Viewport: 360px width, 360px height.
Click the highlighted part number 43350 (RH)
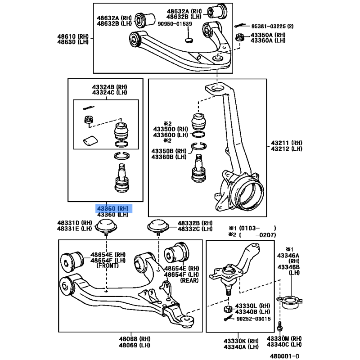[113, 208]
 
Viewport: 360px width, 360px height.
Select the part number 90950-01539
[175, 24]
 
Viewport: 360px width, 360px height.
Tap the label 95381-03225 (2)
[272, 26]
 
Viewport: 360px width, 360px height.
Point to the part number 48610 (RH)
[73, 36]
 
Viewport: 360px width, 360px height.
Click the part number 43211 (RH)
[287, 143]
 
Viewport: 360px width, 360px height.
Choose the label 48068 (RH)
[135, 339]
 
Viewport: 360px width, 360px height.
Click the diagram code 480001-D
[285, 356]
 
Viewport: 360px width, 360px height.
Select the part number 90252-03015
[253, 319]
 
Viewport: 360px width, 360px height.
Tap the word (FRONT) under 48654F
[108, 265]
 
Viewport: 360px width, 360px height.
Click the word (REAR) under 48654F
[189, 280]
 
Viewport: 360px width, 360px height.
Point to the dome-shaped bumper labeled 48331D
[106, 227]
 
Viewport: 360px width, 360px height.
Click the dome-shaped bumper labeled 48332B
[158, 227]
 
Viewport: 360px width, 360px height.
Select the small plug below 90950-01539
[189, 40]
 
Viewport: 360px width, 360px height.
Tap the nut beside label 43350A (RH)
[240, 37]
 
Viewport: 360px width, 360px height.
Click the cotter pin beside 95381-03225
[240, 26]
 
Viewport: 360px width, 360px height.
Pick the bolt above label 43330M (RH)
[279, 327]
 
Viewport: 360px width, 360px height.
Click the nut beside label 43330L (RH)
[228, 309]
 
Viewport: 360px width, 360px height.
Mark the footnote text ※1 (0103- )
[252, 228]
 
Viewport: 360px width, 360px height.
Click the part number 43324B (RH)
[109, 87]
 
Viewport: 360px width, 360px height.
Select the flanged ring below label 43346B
[290, 302]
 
